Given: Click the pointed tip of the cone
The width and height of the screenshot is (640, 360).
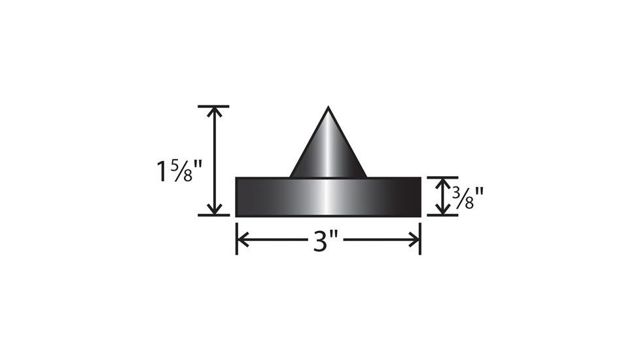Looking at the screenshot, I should [x=328, y=109].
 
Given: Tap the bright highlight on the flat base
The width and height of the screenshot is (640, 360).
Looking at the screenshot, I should [x=328, y=196].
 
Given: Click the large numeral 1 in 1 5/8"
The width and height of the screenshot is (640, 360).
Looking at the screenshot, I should [x=162, y=171].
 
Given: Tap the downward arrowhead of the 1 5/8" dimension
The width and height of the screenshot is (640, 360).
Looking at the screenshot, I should [x=214, y=209].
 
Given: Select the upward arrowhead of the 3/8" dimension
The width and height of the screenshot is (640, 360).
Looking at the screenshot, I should [x=444, y=182].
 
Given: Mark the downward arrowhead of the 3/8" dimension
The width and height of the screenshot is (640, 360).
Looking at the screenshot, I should [x=444, y=210].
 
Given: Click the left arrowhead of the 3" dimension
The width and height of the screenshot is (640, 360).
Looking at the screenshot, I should [x=241, y=240].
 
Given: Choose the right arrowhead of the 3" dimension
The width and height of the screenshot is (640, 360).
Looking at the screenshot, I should [x=414, y=240].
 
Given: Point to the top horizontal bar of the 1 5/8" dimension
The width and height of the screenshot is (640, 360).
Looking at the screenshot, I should [x=213, y=106].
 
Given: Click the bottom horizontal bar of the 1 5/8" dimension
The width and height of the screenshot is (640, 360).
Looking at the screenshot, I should [x=213, y=215].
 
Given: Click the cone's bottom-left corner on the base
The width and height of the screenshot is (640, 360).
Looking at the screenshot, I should [x=291, y=177].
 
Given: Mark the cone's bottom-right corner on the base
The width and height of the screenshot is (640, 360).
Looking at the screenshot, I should [x=366, y=177].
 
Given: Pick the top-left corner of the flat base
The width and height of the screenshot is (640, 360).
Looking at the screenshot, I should [x=236, y=178].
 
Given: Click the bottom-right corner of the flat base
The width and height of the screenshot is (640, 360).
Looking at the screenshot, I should [x=419, y=215].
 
